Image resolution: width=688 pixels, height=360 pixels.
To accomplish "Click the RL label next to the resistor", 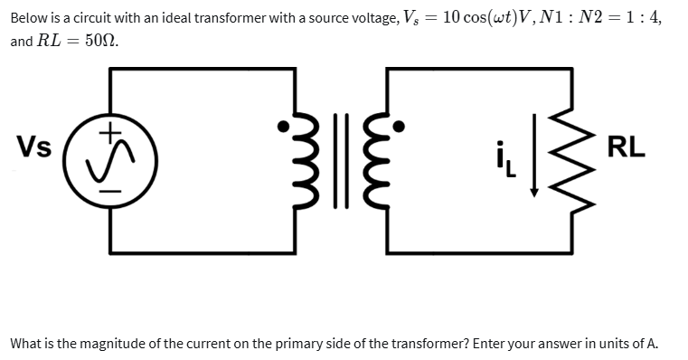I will [627, 146].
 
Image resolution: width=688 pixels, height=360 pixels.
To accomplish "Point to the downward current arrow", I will [533, 164].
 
